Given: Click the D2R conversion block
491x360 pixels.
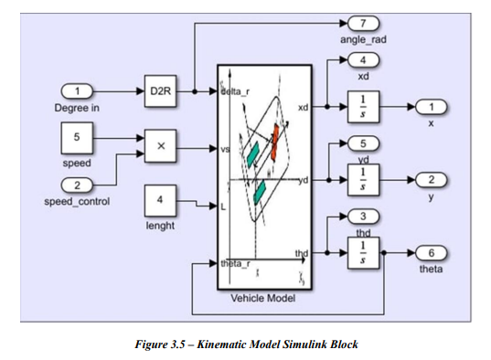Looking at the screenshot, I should pos(162,91).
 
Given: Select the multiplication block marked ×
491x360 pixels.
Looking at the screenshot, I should pos(162,144).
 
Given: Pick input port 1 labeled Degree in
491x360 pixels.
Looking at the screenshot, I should pos(78,91).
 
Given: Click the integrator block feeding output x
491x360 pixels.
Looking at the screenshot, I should pos(363,106).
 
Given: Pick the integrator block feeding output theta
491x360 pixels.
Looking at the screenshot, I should pos(363,250).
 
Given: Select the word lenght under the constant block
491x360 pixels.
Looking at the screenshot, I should pos(161,226).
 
